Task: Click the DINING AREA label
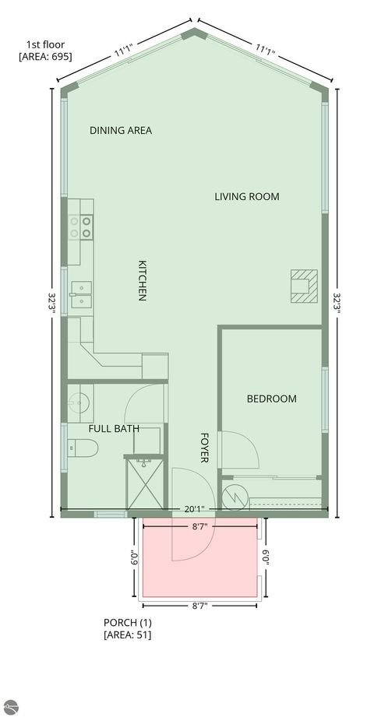[121, 130]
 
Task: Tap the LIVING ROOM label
[246, 196]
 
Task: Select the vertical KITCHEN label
[143, 280]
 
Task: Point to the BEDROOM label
[271, 399]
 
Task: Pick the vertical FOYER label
[205, 448]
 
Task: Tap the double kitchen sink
[80, 291]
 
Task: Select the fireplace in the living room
[304, 284]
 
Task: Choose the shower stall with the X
[147, 482]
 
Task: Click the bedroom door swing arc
[238, 448]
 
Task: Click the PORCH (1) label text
[127, 622]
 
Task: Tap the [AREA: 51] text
[128, 634]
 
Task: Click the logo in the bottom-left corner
[10, 706]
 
